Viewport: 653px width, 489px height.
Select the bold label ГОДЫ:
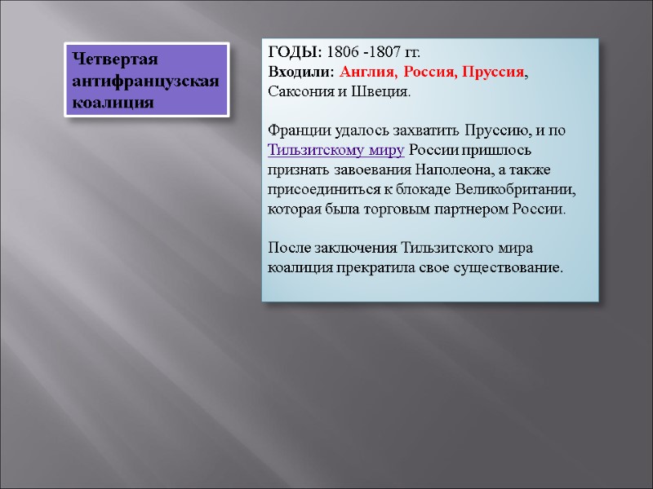[295, 52]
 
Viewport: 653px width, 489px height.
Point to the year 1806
[342, 52]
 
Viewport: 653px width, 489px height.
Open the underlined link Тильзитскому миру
[336, 150]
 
